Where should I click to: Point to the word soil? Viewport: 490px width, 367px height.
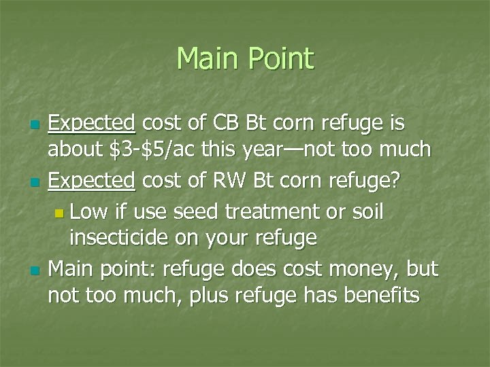pos(367,212)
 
